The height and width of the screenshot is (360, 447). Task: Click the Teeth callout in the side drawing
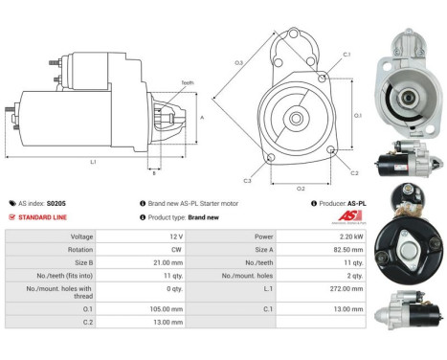click(187, 83)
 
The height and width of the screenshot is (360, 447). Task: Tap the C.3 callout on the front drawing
click(247, 180)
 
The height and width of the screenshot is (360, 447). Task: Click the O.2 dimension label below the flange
click(301, 188)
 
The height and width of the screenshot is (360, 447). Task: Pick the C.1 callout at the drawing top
click(346, 54)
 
